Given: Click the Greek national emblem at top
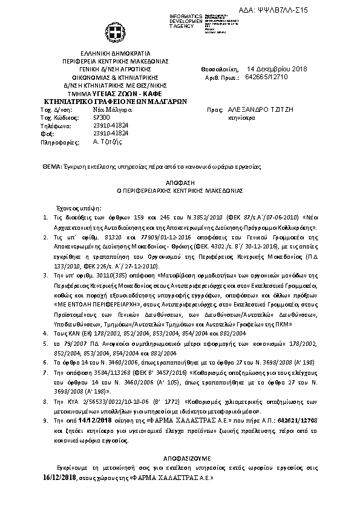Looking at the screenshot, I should pyautogui.click(x=115, y=32).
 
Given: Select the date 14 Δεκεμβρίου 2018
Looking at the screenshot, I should pyautogui.click(x=277, y=70).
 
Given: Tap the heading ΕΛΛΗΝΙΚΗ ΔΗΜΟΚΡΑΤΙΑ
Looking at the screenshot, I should pyautogui.click(x=115, y=54).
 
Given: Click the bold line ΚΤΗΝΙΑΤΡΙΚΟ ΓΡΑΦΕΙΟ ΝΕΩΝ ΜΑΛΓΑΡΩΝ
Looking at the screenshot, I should pyautogui.click(x=115, y=102).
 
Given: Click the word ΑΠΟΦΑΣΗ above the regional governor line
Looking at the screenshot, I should pyautogui.click(x=180, y=181).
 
